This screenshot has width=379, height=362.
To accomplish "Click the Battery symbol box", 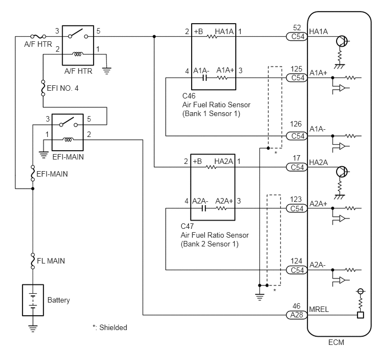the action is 33,300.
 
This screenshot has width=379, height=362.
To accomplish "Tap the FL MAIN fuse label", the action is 51,261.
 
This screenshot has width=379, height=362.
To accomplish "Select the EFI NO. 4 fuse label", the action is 63,88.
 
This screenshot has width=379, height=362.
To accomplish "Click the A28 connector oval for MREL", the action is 296,315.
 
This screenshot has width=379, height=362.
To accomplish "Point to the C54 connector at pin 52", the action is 296,37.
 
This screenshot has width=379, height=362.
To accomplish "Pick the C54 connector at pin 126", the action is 296,136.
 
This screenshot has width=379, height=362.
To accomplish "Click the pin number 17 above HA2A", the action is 296,158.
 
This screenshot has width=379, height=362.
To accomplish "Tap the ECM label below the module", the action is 336,342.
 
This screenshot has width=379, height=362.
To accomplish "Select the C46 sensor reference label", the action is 189,96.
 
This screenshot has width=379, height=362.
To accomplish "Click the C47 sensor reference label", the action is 187,226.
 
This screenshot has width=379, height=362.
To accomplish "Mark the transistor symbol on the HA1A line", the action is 342,41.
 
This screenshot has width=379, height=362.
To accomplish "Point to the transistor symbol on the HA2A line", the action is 342,172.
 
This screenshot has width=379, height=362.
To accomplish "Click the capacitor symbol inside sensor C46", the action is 204,78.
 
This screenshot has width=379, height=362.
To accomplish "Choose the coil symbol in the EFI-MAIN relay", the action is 68,140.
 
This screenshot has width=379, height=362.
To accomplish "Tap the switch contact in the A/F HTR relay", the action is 78,34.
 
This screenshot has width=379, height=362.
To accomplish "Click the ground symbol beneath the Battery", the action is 33,328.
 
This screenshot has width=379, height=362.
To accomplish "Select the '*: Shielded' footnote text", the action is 110,327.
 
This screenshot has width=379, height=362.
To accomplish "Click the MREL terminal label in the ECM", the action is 319,309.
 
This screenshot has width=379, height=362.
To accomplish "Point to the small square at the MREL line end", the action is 360,315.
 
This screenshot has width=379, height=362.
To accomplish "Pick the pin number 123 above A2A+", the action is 296,199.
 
